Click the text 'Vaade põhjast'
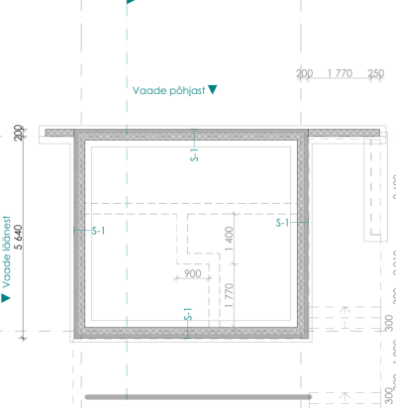click(168, 91)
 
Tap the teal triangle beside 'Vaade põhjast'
click(213, 89)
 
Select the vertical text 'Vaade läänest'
click(6, 253)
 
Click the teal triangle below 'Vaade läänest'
click(6, 298)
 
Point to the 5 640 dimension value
click(19, 237)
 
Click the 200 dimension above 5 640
click(19, 133)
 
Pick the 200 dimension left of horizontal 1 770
click(304, 73)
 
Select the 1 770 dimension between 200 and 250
click(340, 73)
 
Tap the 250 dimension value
click(376, 73)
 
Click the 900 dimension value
click(193, 273)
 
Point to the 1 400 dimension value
click(229, 239)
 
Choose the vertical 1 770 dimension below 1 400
click(229, 295)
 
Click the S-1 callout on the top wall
click(194, 154)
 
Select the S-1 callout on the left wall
click(98, 231)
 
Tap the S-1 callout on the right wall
click(282, 223)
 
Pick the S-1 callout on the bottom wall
click(188, 314)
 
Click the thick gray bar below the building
click(198, 397)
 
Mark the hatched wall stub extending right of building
click(344, 133)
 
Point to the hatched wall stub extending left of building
click(59, 133)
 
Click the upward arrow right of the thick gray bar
click(345, 396)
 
